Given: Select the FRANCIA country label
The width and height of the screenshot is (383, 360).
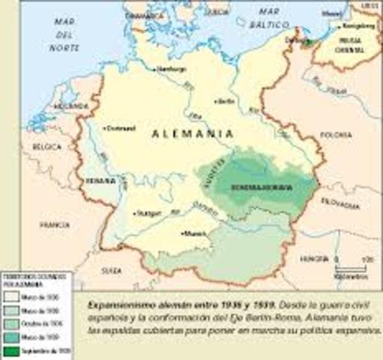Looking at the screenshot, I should pyautogui.click(x=54, y=223).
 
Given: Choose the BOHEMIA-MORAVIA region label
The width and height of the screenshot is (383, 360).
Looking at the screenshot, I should pyautogui.click(x=259, y=185).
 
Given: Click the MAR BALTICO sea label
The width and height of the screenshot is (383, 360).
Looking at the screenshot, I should pyautogui.click(x=274, y=22).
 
